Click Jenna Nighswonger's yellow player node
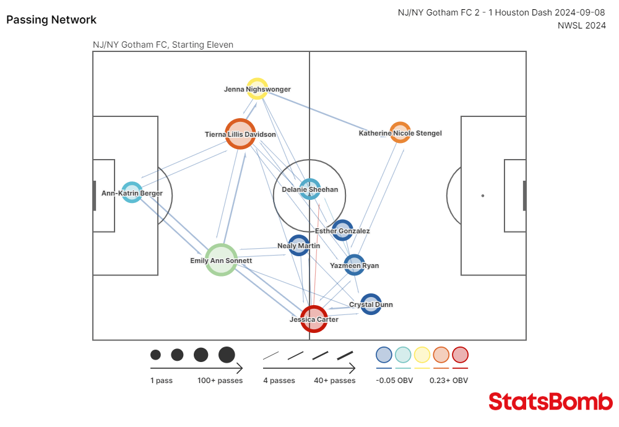[257, 88]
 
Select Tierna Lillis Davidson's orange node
[240, 134]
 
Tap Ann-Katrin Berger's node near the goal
[132, 192]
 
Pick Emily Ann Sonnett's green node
[221, 260]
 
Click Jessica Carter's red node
[314, 319]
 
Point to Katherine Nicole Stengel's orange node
[400, 132]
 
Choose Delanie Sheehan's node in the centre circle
[309, 189]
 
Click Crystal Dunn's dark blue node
[371, 304]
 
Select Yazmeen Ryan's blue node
[354, 265]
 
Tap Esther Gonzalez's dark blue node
[342, 230]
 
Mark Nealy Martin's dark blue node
[298, 245]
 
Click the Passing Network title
[51, 20]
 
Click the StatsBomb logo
[550, 402]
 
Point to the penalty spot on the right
[483, 196]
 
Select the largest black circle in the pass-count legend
[227, 355]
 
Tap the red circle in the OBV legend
[460, 355]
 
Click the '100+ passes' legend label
[220, 381]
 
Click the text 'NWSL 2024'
[581, 25]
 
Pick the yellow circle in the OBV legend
[422, 355]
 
